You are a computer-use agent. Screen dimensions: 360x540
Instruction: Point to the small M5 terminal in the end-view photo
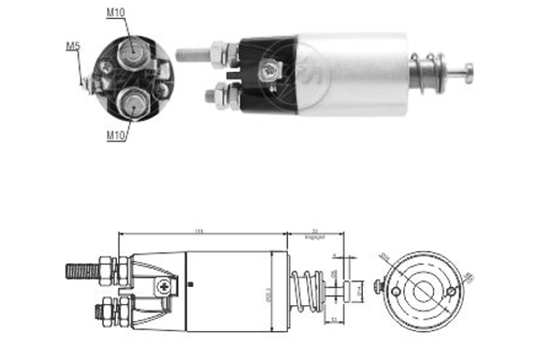pos(89,83)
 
